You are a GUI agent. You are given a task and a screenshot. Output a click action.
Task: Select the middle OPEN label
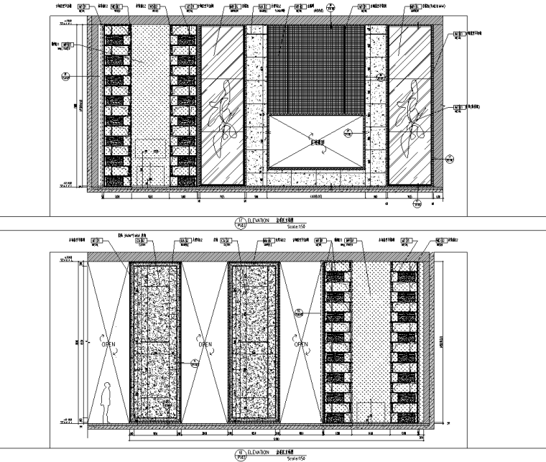205,344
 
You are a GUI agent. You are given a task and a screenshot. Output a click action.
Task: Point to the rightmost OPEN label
301,344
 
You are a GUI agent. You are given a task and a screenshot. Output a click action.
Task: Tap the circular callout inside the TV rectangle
349,132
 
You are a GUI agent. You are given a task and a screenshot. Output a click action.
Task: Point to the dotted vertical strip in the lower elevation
371,331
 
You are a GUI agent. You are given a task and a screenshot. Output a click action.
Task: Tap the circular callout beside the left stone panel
194,364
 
